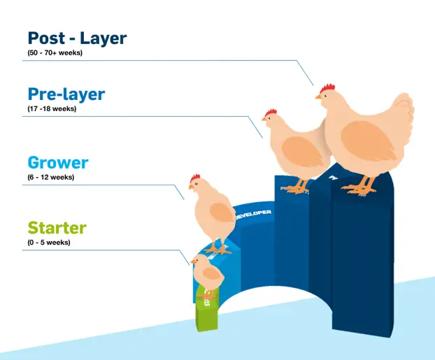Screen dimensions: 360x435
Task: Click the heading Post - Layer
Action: click(x=77, y=38)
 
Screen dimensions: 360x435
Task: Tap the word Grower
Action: click(x=58, y=163)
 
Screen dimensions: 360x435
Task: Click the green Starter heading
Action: click(x=57, y=228)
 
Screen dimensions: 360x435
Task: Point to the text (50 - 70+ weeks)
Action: click(x=55, y=53)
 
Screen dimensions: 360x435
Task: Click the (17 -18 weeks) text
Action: click(x=52, y=108)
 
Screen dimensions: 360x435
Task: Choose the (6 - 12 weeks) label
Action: click(x=50, y=177)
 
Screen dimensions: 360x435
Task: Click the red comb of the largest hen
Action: click(x=327, y=88)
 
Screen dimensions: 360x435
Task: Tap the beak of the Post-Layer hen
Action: click(x=318, y=96)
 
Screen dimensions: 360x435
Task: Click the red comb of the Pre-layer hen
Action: click(x=271, y=112)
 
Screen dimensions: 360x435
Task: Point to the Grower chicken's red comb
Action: click(x=195, y=178)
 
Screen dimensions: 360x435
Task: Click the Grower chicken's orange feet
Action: click(x=216, y=247)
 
